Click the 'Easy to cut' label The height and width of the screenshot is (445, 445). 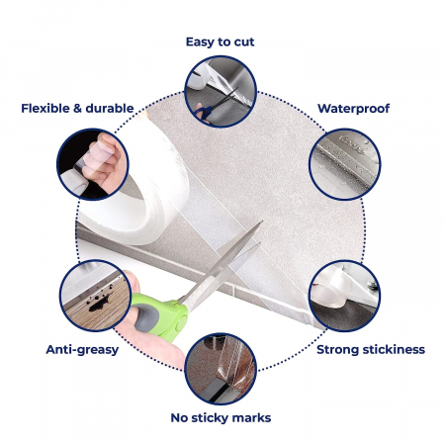(x=220, y=42)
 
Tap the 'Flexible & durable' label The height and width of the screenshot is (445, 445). (x=77, y=109)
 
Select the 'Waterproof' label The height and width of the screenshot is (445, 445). (x=353, y=109)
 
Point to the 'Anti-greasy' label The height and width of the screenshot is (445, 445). (x=82, y=350)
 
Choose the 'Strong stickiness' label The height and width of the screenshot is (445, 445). (x=371, y=350)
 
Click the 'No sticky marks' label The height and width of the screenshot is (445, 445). (x=221, y=418)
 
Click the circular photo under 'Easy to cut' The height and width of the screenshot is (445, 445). (x=221, y=91)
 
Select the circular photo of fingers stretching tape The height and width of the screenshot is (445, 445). (x=93, y=164)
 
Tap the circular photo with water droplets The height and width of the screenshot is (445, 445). (x=345, y=164)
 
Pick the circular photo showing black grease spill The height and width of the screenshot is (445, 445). (x=96, y=296)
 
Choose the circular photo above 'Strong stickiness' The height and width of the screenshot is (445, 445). (x=344, y=296)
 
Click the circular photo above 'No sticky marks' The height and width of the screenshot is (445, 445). (x=221, y=369)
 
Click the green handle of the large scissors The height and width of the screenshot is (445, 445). (x=161, y=314)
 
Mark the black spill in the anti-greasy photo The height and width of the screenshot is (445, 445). (x=99, y=303)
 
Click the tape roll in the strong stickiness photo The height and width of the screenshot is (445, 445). (x=329, y=290)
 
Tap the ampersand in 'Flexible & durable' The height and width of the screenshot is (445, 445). (x=77, y=109)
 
